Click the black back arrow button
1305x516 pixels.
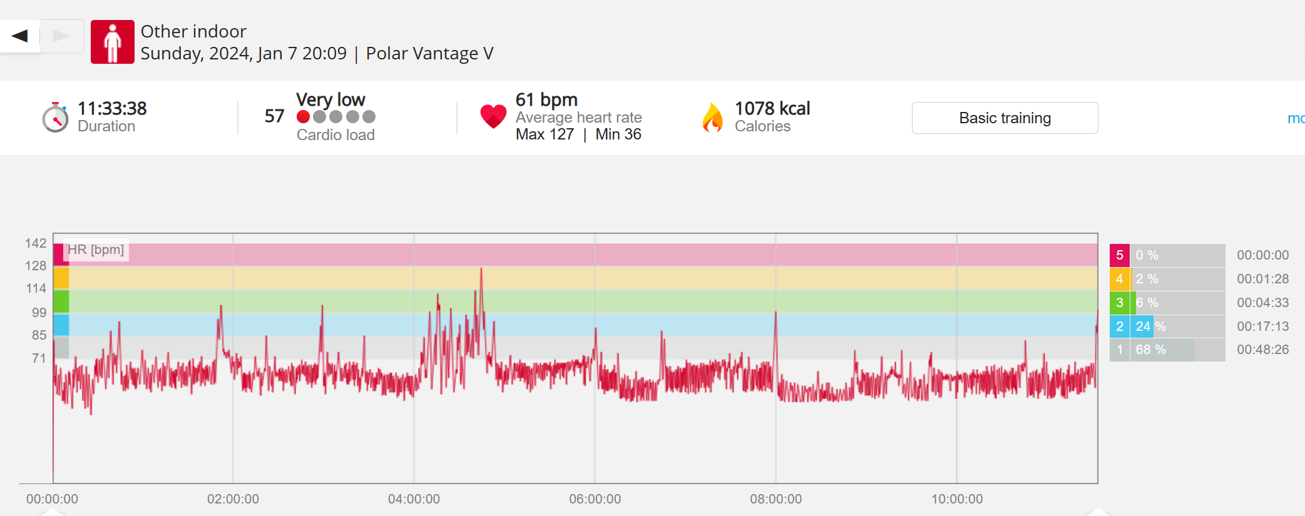point(20,36)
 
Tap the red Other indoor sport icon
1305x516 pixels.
point(113,42)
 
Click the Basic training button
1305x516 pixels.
point(1005,118)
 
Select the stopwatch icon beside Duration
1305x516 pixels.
point(56,118)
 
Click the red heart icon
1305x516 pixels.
point(493,116)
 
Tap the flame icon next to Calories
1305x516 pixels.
point(712,118)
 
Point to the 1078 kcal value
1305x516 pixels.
point(772,109)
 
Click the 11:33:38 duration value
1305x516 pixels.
point(112,109)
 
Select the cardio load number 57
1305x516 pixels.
point(274,116)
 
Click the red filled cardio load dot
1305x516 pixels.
point(304,117)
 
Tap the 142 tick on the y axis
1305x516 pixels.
point(36,243)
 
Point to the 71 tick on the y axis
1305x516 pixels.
point(39,358)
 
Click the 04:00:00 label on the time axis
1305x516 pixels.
point(414,499)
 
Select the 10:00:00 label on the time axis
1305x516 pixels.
point(957,499)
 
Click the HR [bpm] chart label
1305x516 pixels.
point(96,250)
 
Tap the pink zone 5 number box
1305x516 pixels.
point(1120,255)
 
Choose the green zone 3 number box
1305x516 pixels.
point(1120,303)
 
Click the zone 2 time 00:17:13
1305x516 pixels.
point(1262,326)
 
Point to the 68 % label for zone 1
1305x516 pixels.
point(1150,350)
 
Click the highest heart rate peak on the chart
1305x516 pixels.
point(481,270)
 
